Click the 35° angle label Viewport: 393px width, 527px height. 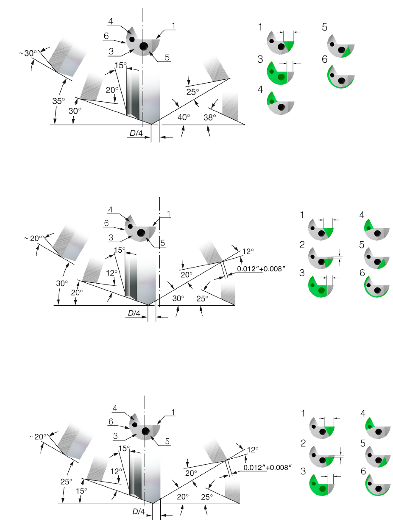click(x=59, y=101)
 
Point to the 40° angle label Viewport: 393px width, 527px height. click(x=184, y=117)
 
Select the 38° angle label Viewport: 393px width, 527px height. click(x=209, y=117)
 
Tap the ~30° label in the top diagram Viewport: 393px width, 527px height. click(x=28, y=53)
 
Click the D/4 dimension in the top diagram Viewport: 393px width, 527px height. click(x=136, y=133)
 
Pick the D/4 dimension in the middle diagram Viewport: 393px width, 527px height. click(x=134, y=313)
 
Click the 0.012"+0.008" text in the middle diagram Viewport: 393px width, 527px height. click(x=261, y=269)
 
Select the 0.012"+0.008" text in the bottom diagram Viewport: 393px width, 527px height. click(x=268, y=468)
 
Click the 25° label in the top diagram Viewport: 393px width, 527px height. click(x=192, y=92)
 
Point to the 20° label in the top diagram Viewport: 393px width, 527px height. click(x=112, y=90)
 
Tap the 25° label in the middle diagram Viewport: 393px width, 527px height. click(x=202, y=298)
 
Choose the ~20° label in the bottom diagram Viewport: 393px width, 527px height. click(x=37, y=436)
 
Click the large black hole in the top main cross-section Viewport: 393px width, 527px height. click(x=144, y=46)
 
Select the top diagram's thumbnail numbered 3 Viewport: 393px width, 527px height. click(x=280, y=73)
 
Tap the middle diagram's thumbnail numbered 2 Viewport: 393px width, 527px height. click(x=321, y=258)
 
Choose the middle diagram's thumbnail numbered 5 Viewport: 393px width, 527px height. click(x=376, y=258)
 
